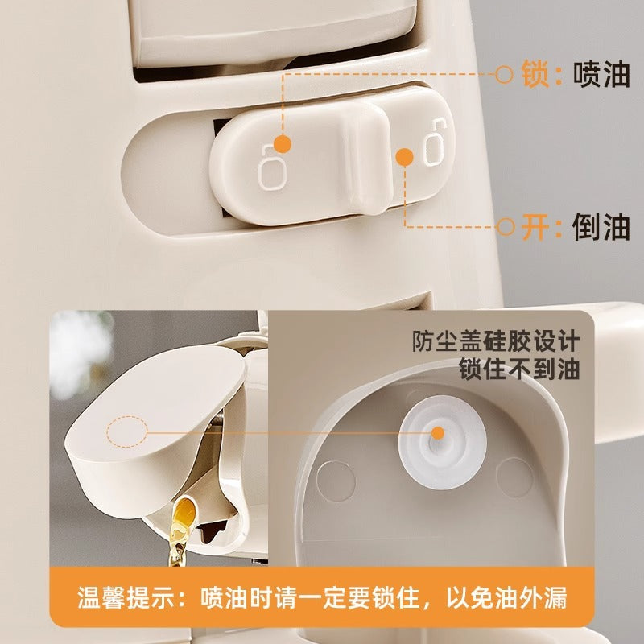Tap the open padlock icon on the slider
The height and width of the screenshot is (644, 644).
[x=435, y=142]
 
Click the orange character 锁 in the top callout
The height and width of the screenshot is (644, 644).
[x=535, y=74]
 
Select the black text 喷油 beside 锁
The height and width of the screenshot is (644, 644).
[x=601, y=74]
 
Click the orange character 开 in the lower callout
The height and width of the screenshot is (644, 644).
[x=535, y=226]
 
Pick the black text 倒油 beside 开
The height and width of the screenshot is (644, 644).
[x=601, y=226]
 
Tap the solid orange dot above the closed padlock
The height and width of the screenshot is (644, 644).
[x=283, y=144]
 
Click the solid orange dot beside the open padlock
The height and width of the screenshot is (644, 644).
[x=405, y=157]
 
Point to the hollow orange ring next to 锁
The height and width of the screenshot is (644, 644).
[x=504, y=74]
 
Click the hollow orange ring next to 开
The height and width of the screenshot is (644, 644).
[x=506, y=226]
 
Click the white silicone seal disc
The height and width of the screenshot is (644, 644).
[x=442, y=442]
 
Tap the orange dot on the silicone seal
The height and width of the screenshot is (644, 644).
[x=438, y=433]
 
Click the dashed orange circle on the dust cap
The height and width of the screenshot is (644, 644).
[x=127, y=431]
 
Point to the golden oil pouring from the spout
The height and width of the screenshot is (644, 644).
[x=180, y=530]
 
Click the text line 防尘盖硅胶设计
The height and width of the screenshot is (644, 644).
[x=496, y=341]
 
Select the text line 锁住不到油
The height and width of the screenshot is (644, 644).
[x=519, y=369]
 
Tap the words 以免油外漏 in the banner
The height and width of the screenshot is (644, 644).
[x=507, y=597]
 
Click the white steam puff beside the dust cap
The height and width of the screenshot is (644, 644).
[x=80, y=353]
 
